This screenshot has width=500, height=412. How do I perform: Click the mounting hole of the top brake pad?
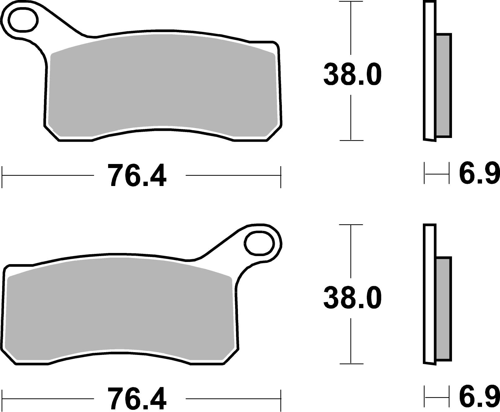[x=24, y=20]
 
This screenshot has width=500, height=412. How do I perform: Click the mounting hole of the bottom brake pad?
[x=260, y=243]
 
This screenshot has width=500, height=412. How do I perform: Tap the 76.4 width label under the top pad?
[x=137, y=176]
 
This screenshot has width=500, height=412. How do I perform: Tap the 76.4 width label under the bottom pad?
[x=137, y=399]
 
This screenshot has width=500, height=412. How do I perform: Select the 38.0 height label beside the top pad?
[x=352, y=75]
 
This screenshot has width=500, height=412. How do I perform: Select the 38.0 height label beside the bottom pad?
[x=352, y=298]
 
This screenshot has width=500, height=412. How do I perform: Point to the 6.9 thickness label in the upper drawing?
[x=479, y=174]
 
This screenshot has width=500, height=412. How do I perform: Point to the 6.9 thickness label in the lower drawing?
[x=479, y=397]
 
